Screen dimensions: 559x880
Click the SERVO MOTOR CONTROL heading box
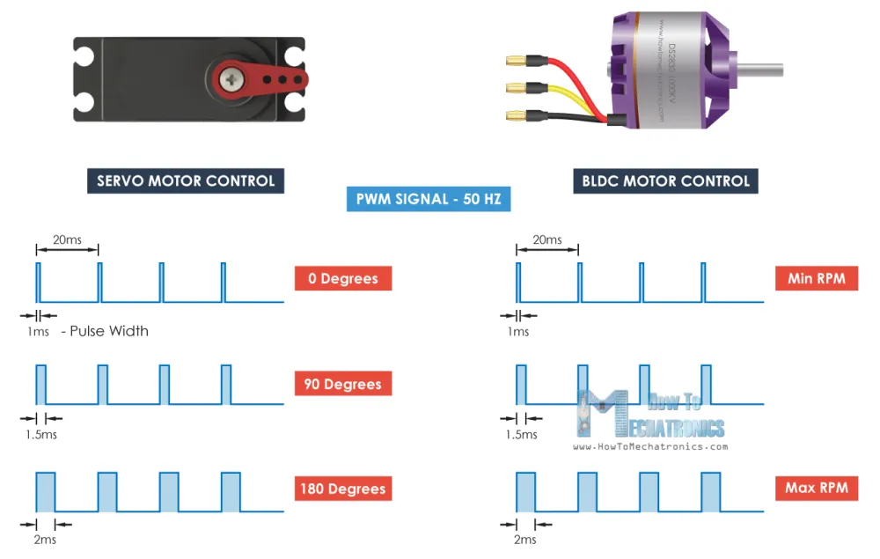click(x=186, y=181)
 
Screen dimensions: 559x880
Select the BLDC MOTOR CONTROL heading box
click(x=666, y=181)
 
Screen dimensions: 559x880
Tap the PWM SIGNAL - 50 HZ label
click(x=428, y=199)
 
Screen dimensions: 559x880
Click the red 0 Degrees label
click(x=343, y=279)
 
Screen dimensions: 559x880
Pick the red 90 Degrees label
click(x=343, y=385)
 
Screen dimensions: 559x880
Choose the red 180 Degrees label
click(x=343, y=489)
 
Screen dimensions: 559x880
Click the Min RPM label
click(x=816, y=279)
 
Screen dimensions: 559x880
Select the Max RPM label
click(x=816, y=488)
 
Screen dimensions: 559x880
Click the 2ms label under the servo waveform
click(x=43, y=539)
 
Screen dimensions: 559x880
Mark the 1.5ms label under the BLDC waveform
click(x=522, y=434)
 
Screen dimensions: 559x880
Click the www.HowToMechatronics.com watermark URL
click(x=650, y=446)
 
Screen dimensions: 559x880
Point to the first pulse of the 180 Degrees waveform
click(x=46, y=492)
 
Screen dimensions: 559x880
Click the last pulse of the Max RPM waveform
click(x=711, y=492)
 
